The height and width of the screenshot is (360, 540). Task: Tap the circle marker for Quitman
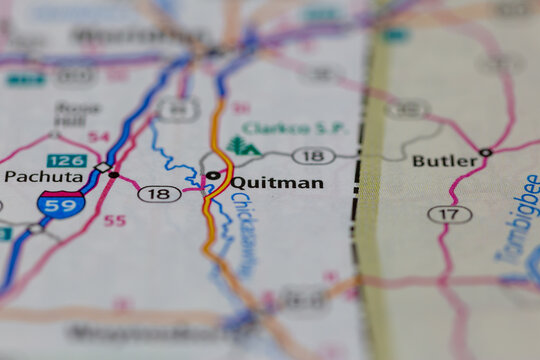click(x=213, y=176)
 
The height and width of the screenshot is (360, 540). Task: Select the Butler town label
click(x=445, y=160)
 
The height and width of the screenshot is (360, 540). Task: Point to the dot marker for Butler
click(x=485, y=152)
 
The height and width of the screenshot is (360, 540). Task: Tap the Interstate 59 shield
click(x=61, y=205)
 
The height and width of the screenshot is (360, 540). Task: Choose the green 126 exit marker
click(x=66, y=160)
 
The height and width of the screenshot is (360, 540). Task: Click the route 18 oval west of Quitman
click(x=159, y=193)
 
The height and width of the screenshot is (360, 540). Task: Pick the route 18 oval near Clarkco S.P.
click(x=313, y=155)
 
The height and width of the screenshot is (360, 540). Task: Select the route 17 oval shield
click(x=449, y=214)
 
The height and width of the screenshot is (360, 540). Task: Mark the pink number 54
click(x=98, y=136)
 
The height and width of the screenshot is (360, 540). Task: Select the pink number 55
click(x=115, y=220)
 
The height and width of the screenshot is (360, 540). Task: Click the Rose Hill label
click(x=78, y=112)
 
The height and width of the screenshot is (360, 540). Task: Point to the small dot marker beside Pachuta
click(x=113, y=175)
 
